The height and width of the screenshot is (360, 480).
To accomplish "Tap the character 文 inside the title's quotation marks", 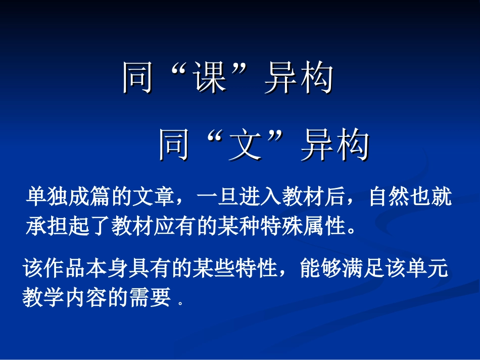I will click(x=246, y=145).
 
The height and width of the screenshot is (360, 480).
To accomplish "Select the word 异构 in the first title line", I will click(x=299, y=79).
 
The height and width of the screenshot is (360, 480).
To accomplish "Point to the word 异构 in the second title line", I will click(x=335, y=145).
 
